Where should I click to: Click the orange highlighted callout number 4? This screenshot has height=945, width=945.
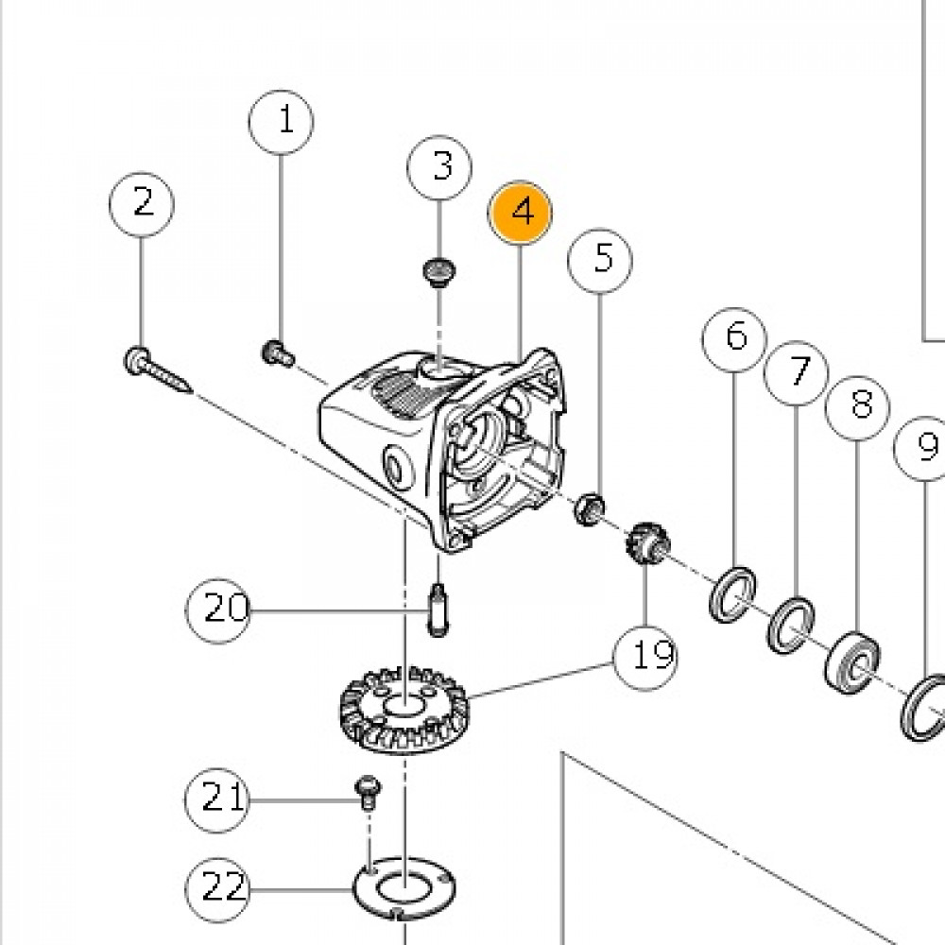point(521,212)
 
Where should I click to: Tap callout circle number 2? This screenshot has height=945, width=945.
point(142,202)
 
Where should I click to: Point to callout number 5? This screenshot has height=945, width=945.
point(601,257)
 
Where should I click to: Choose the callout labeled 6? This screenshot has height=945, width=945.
point(735,336)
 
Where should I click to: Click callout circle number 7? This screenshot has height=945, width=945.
point(797,371)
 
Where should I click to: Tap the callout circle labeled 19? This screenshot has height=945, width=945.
point(647,654)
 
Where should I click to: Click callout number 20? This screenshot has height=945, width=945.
point(218,610)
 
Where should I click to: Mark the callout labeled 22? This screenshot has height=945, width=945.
point(217,888)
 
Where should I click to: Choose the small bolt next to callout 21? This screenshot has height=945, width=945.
point(367,791)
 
